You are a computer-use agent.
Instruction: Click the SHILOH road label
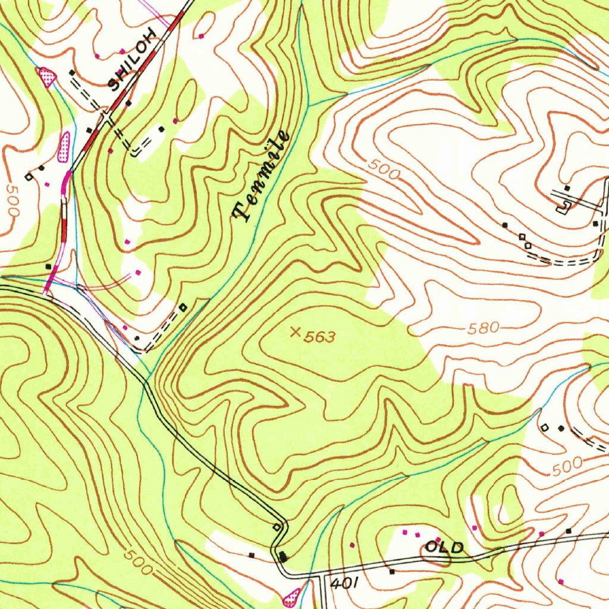coord(134,59)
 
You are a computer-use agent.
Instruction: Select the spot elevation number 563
coord(320,338)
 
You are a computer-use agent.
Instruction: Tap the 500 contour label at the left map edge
coord(12,200)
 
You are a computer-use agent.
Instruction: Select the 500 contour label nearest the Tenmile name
coord(383,171)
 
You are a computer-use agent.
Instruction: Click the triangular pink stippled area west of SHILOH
coord(46,76)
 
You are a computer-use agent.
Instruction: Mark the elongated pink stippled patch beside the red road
coord(64,146)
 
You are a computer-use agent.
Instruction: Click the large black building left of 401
coord(283,557)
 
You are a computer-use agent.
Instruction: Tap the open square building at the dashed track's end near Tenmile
coord(183,307)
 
